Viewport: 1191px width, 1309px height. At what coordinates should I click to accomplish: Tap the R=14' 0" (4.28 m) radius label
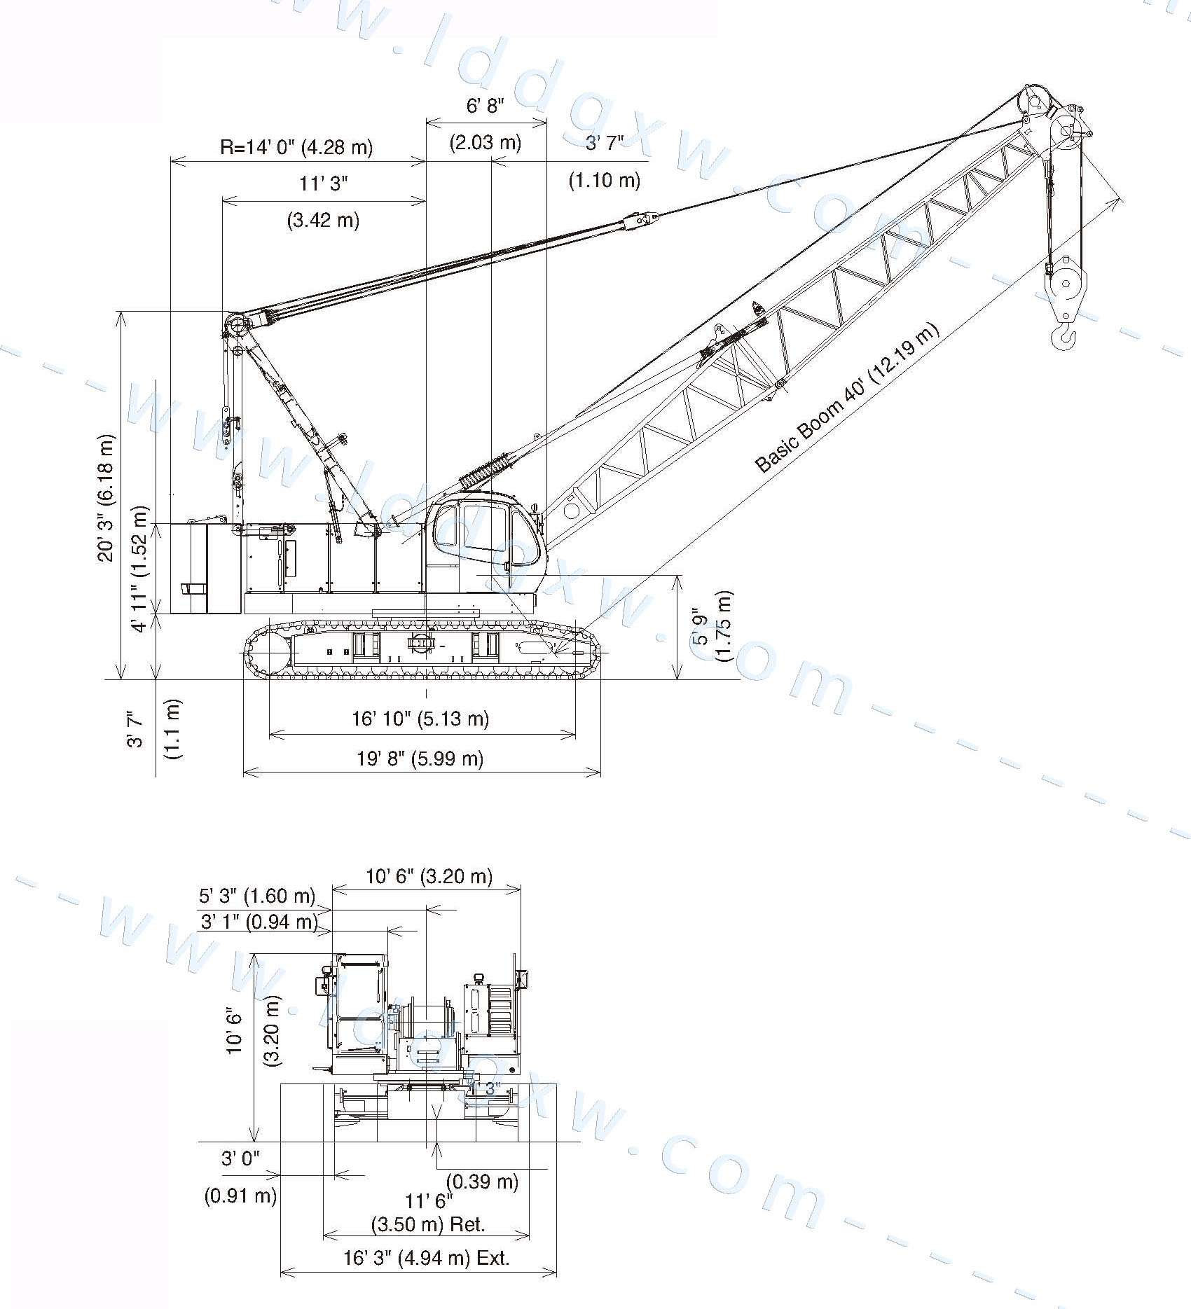296,147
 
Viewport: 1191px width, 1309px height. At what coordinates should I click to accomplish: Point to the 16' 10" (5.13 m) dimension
420,719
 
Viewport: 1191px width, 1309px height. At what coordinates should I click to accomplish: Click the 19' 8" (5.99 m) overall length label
420,758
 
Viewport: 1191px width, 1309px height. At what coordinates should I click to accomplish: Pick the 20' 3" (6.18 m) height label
106,498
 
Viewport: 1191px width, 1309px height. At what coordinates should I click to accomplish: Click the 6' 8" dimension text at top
486,106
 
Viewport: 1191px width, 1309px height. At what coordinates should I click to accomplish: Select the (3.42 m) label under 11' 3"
323,220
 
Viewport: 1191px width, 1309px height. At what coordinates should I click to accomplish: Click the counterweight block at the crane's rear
205,568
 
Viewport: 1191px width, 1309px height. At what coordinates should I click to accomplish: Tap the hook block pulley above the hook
1066,283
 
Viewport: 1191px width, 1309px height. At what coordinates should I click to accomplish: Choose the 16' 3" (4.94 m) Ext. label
426,1258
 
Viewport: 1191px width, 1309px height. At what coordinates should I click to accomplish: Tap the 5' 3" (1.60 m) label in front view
257,896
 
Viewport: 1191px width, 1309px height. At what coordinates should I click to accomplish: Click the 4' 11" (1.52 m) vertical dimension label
141,568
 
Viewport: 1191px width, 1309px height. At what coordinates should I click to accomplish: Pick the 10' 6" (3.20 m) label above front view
429,876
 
